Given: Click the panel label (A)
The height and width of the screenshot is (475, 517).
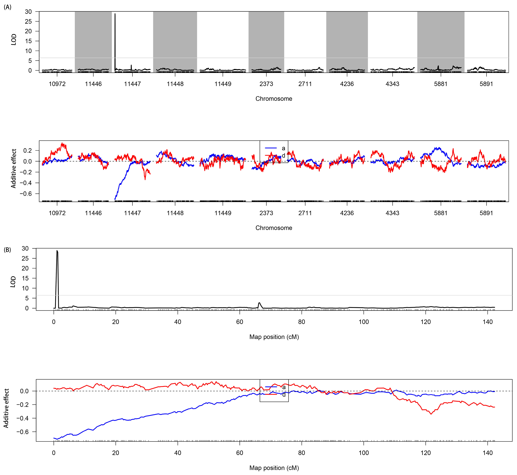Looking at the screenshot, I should pos(7,7).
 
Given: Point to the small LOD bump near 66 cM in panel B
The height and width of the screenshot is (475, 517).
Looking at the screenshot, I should pos(259,303).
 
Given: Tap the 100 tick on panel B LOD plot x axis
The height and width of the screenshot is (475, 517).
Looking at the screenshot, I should pos(363,322).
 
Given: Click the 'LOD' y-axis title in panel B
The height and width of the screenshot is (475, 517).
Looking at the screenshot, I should pos(13,282).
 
